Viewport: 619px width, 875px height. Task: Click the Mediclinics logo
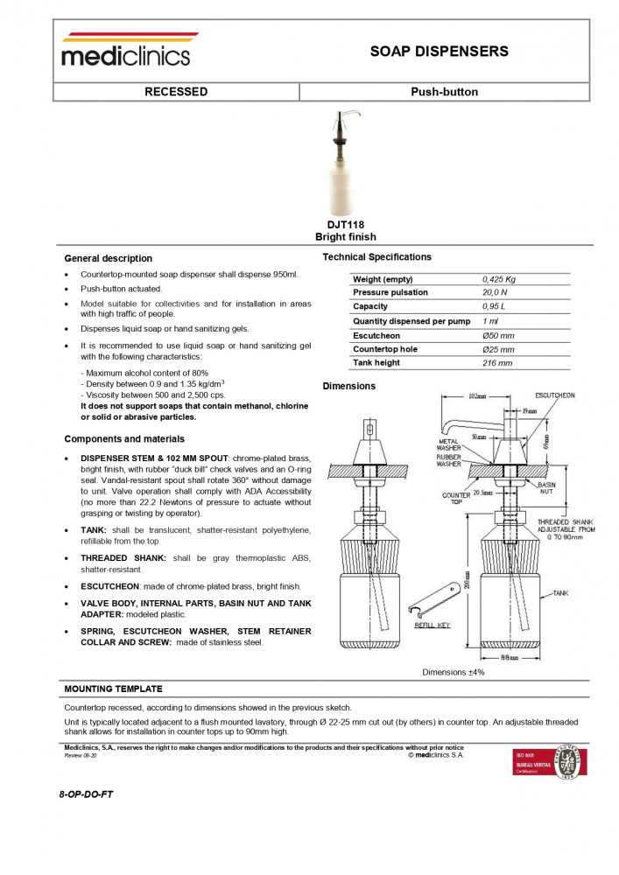pos(125,51)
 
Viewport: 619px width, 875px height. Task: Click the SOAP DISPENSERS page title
pos(439,52)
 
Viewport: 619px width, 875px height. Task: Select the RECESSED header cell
pos(176,92)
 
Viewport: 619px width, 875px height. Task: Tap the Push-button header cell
pos(444,92)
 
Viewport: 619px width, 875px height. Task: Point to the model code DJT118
pos(345,225)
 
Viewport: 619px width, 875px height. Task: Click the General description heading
pos(108,259)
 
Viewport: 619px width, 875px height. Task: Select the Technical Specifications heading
pos(376,257)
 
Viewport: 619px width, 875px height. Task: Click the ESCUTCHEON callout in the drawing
pos(554,395)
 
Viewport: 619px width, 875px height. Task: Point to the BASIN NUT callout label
pos(546,488)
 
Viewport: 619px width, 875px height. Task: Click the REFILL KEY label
pos(433,626)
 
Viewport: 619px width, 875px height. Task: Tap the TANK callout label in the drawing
pos(561,593)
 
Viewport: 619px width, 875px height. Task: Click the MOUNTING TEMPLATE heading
pos(113,689)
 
